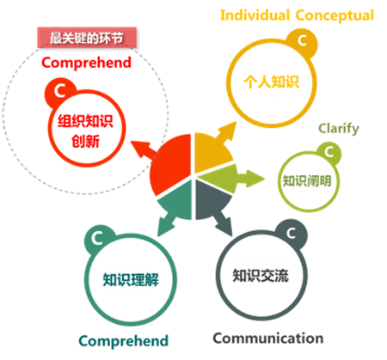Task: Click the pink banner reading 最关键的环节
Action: [87, 38]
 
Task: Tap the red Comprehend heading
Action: [86, 63]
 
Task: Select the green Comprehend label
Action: [124, 341]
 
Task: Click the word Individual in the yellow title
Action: [255, 15]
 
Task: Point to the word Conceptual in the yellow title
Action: [335, 15]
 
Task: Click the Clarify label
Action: [339, 129]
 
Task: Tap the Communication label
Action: [268, 339]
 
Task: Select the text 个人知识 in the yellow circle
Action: [272, 82]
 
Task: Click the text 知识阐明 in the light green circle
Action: [307, 180]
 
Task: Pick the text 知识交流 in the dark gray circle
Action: [261, 276]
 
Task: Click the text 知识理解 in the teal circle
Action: [131, 279]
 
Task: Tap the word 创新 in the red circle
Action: [85, 141]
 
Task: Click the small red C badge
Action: [60, 92]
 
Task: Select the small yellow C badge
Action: [302, 41]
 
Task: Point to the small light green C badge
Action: [329, 152]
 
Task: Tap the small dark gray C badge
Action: [292, 234]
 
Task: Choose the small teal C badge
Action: [97, 238]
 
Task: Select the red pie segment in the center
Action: [171, 163]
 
